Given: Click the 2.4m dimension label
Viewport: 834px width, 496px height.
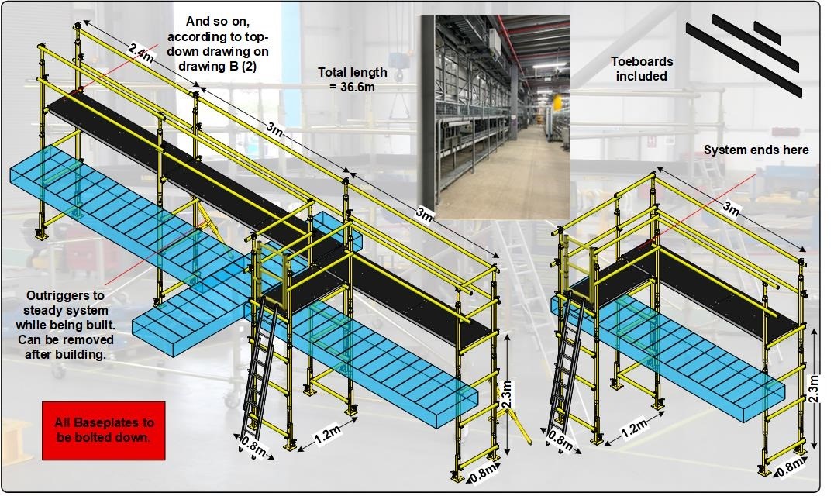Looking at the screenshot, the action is [x=142, y=53].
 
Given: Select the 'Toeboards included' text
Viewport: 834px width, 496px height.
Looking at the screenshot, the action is [x=642, y=68].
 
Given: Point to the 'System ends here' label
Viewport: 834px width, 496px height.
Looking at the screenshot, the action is [x=756, y=150].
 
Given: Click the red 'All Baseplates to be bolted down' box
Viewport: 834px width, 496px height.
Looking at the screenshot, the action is [x=104, y=431].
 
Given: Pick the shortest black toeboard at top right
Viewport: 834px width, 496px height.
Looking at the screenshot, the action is [x=767, y=33].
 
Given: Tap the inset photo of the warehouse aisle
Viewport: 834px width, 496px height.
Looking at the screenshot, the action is [x=496, y=117].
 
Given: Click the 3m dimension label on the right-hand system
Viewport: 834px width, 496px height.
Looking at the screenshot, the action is [x=732, y=209].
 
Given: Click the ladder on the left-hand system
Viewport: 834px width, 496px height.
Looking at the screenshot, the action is [x=260, y=372].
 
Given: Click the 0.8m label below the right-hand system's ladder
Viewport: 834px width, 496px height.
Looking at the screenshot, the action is [x=561, y=440].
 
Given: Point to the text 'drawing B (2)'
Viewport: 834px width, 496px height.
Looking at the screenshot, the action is [x=217, y=67].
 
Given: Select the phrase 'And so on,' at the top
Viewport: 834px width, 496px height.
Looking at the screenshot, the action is [x=218, y=22].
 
